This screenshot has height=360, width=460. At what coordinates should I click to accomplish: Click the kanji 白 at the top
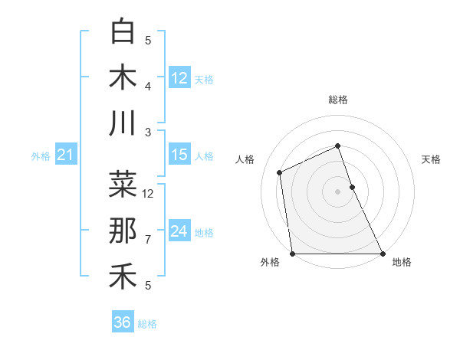123,32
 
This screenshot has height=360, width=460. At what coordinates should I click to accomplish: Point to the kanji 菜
123,185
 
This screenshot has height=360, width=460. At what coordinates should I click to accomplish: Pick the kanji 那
123,231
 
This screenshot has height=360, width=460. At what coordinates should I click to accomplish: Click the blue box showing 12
179,78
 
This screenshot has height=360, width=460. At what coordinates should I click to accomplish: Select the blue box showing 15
179,155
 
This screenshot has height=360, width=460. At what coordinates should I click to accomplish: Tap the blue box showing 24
179,231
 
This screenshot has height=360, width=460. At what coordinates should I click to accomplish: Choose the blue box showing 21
65,155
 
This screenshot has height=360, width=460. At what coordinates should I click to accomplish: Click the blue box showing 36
122,322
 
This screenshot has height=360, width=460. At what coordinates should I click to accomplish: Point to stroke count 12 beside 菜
149,194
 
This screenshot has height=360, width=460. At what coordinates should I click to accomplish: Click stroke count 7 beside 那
148,240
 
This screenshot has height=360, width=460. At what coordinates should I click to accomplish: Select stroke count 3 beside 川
148,133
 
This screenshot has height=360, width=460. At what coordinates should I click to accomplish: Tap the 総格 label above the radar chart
338,100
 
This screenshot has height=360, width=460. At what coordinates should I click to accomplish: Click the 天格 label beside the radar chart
432,159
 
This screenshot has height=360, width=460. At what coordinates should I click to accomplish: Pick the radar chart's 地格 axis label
402,262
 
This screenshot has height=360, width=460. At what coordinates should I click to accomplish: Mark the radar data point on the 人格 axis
280,172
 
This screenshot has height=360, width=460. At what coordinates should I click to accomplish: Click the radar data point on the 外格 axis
293,254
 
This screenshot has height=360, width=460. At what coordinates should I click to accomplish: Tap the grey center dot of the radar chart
338,191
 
